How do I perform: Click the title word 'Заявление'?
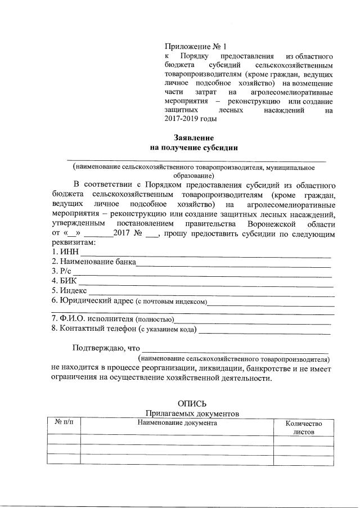click(194, 137)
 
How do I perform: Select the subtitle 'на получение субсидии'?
click(194, 148)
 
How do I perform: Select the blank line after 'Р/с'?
click(202, 272)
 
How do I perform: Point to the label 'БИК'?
click(67, 281)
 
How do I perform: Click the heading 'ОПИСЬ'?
click(192, 403)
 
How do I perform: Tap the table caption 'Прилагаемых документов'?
click(192, 413)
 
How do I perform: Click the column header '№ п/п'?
click(64, 422)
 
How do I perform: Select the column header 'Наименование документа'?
click(177, 422)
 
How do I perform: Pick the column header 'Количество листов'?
click(304, 428)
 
